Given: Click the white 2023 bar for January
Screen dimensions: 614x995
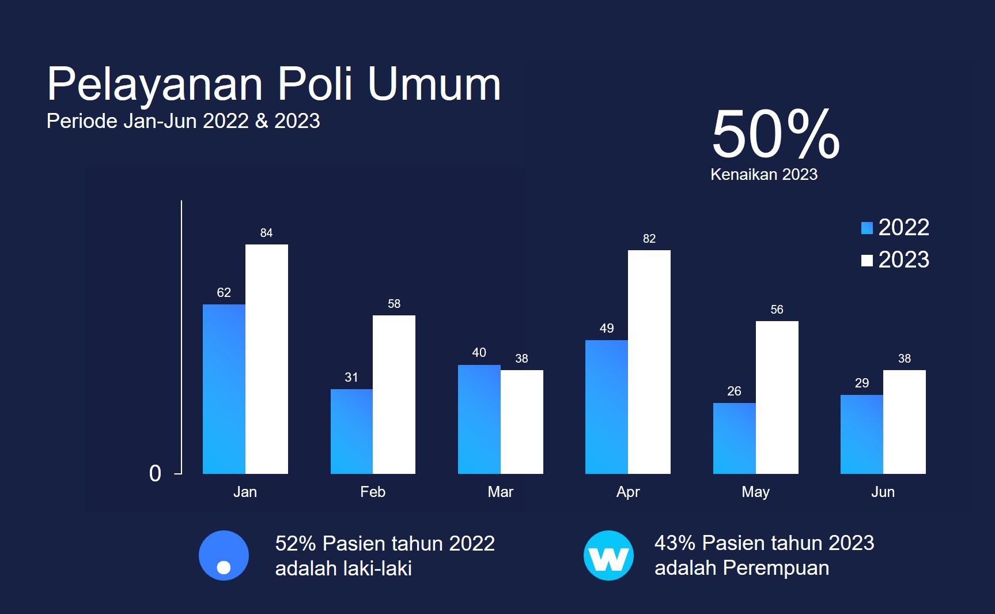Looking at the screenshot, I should click(x=267, y=359).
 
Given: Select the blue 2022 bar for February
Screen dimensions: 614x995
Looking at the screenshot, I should click(x=351, y=431).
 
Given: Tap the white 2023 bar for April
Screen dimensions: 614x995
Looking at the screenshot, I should click(x=649, y=361).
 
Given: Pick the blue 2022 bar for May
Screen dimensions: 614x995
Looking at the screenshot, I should click(x=734, y=438).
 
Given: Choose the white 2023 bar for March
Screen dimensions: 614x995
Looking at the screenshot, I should click(x=522, y=421).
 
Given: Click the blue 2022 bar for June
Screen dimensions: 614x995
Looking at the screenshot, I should click(x=861, y=434).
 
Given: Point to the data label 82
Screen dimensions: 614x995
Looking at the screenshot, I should click(x=649, y=239).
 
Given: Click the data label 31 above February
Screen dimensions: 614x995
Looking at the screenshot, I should click(x=351, y=378).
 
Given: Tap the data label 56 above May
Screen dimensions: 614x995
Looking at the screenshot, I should click(x=777, y=310).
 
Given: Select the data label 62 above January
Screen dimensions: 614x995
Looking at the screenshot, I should click(x=224, y=293).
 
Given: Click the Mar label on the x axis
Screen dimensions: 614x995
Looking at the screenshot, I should click(x=500, y=492).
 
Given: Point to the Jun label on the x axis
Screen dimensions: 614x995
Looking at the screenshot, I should click(x=883, y=492).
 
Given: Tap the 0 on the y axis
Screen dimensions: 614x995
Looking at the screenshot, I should click(x=155, y=473).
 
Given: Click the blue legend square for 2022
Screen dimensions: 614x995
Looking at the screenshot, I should click(x=867, y=228).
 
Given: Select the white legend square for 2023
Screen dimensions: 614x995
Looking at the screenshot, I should click(x=867, y=261).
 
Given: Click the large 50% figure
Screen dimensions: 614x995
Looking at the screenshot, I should click(x=775, y=134).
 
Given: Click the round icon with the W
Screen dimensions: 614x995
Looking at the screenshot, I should click(x=608, y=556).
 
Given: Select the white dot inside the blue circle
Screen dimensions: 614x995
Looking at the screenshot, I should click(x=224, y=567).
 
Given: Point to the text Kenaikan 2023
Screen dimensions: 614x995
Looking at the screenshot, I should click(x=764, y=175).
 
